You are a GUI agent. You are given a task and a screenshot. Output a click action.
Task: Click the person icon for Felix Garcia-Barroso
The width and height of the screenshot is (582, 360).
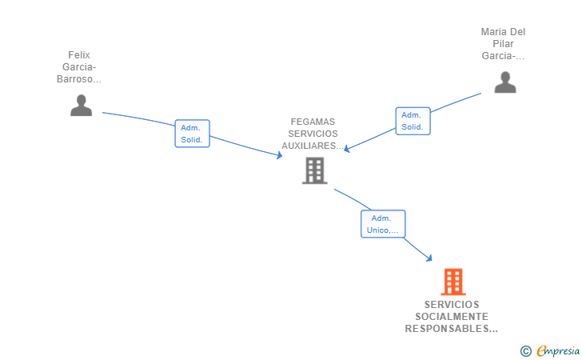pyautogui.click(x=81, y=105)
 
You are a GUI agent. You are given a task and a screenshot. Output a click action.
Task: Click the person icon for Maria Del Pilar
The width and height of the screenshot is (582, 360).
pyautogui.click(x=504, y=82)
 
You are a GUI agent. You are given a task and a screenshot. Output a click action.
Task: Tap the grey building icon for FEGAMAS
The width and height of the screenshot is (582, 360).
pyautogui.click(x=314, y=170)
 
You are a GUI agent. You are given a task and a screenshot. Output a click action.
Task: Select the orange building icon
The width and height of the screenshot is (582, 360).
pyautogui.click(x=452, y=282)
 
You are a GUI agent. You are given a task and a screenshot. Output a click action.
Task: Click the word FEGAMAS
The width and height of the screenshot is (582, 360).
pyautogui.click(x=313, y=122)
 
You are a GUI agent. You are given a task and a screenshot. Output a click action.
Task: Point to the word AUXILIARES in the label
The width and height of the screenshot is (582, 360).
pyautogui.click(x=313, y=146)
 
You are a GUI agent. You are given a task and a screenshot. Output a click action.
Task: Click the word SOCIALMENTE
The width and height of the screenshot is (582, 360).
pyautogui.click(x=452, y=317)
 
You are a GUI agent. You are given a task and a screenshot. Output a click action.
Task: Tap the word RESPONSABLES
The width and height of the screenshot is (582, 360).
pyautogui.click(x=451, y=329)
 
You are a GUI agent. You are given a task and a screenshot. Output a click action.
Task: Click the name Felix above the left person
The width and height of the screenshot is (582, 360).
pyautogui.click(x=79, y=55)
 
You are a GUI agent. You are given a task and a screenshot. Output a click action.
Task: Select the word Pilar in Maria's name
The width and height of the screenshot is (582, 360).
pyautogui.click(x=504, y=44)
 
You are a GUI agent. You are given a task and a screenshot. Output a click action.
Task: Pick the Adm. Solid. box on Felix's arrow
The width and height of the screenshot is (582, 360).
pyautogui.click(x=192, y=134)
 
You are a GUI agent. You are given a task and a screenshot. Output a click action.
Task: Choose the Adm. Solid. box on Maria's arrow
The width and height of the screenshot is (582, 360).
pyautogui.click(x=413, y=121)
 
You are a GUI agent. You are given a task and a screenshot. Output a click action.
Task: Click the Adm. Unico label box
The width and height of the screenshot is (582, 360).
pyautogui.click(x=383, y=224)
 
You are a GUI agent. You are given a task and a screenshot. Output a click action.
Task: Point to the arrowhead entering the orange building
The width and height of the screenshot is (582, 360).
pyautogui.click(x=430, y=258)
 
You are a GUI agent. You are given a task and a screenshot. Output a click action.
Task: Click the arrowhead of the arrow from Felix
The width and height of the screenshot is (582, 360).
pyautogui.click(x=280, y=156)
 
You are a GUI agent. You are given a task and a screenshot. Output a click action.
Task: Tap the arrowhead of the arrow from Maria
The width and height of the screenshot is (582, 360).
pyautogui.click(x=347, y=149)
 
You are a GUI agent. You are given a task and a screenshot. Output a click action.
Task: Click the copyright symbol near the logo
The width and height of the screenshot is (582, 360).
pyautogui.click(x=525, y=350)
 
